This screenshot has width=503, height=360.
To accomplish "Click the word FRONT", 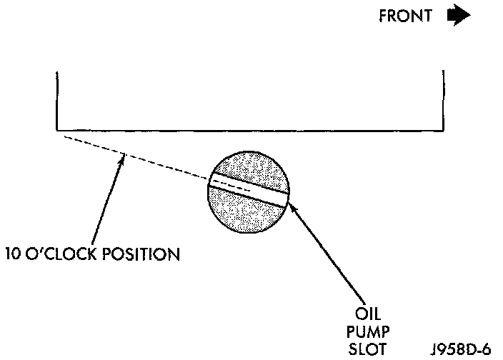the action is [x=405, y=17].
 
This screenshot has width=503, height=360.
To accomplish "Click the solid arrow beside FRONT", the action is [x=457, y=16].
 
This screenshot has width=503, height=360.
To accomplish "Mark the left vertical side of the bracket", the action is [x=56, y=100].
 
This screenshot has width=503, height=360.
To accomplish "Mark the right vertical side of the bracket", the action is [x=444, y=100].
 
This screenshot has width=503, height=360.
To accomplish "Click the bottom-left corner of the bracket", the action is [x=56, y=129].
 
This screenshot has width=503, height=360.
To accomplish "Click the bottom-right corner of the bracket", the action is [x=444, y=129].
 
